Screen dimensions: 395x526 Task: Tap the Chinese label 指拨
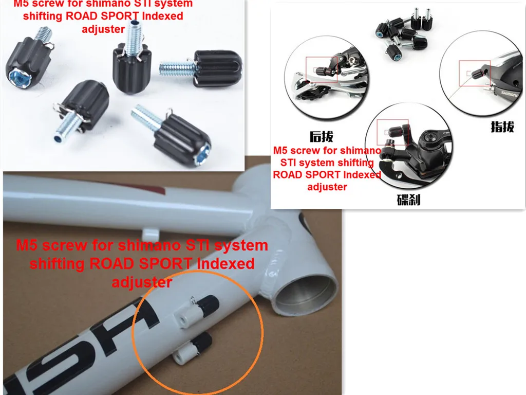click(x=502, y=127)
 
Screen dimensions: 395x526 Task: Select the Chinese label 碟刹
click(x=408, y=200)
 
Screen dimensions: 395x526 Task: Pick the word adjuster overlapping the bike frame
click(x=142, y=282)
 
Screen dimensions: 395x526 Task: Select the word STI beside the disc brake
click(x=292, y=163)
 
